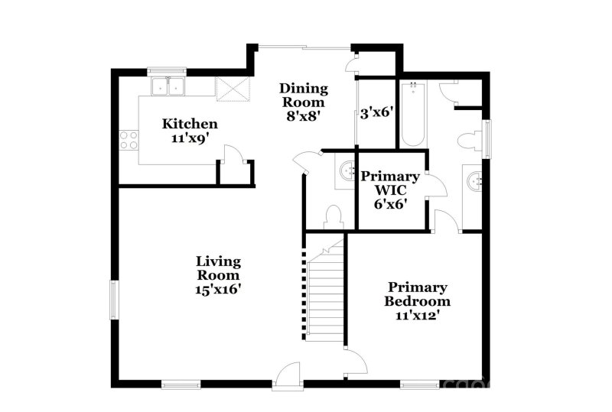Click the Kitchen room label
[x=190, y=124]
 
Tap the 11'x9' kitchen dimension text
[x=190, y=138]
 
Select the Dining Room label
[x=304, y=95]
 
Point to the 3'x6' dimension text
[x=376, y=112]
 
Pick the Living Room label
[x=218, y=268]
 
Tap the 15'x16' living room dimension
[x=218, y=290]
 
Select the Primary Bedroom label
[x=417, y=294]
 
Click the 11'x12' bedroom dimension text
[x=417, y=315]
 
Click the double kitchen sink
[x=168, y=86]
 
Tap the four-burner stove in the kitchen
[x=129, y=140]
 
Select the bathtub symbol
[x=412, y=115]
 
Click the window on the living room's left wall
[x=114, y=298]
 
